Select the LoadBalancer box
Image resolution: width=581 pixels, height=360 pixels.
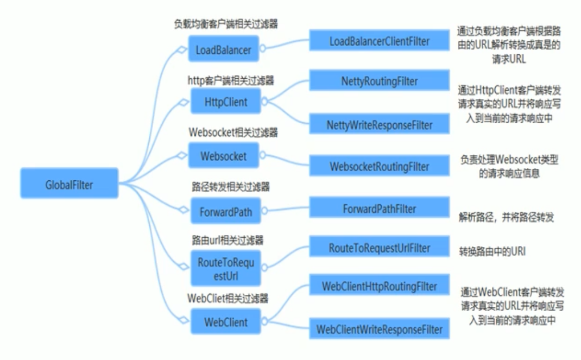click(223, 50)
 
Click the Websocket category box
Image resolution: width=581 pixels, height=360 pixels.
click(223, 156)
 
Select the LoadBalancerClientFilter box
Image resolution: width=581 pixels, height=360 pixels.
click(379, 41)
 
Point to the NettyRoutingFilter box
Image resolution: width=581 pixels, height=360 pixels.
click(379, 81)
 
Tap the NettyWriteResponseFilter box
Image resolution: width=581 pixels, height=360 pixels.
click(379, 125)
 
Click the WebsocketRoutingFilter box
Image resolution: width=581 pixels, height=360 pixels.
click(379, 166)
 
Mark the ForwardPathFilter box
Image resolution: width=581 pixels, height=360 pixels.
click(379, 209)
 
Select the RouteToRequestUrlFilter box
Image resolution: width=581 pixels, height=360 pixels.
click(379, 248)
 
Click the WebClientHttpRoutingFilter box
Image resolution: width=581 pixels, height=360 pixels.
click(379, 286)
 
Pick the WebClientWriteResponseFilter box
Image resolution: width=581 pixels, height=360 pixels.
click(379, 329)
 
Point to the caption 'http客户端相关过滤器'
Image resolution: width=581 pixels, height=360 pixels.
click(230, 80)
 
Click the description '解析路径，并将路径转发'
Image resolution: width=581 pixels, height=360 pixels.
click(506, 217)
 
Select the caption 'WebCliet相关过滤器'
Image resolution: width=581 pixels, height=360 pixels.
click(228, 298)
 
